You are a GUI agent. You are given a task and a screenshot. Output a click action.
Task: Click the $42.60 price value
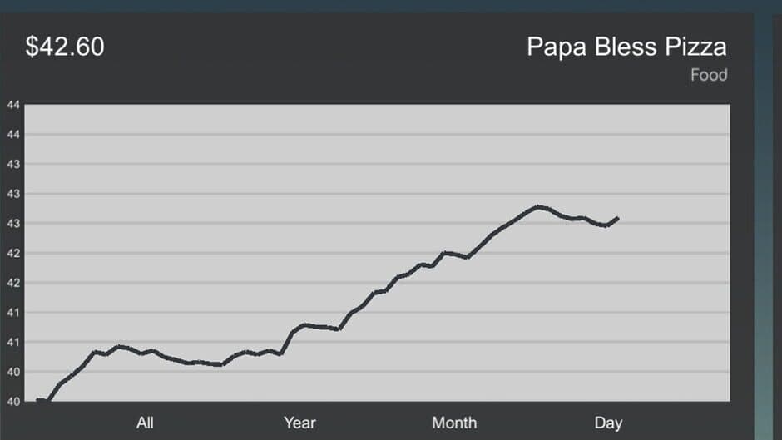tap(65, 47)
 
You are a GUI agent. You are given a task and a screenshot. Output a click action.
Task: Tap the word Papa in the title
tap(552, 47)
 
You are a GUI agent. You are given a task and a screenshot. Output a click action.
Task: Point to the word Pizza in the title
tap(695, 47)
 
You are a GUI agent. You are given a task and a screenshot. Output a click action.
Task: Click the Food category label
tap(709, 76)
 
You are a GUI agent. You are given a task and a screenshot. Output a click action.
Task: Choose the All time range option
tap(145, 423)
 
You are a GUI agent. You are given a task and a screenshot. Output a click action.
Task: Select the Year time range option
tap(299, 423)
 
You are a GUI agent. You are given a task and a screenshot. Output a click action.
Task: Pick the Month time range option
tap(454, 423)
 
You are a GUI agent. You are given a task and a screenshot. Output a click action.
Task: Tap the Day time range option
tap(608, 423)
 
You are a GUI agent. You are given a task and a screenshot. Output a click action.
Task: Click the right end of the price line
tap(617, 218)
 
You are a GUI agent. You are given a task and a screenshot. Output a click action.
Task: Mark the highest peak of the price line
tap(539, 206)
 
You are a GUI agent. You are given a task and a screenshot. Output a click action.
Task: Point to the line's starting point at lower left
tap(38, 401)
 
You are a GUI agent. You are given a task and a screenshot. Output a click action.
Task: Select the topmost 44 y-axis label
tap(13, 105)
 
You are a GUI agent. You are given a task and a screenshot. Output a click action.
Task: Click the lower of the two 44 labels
tap(13, 135)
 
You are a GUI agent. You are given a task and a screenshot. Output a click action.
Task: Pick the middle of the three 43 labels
tap(13, 194)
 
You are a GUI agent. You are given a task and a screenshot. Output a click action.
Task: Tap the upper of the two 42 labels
tap(13, 253)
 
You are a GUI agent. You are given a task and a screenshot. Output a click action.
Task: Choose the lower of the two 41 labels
tap(13, 342)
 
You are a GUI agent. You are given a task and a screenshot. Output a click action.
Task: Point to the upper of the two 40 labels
tap(13, 372)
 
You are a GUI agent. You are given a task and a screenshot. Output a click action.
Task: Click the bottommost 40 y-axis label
tap(13, 401)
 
